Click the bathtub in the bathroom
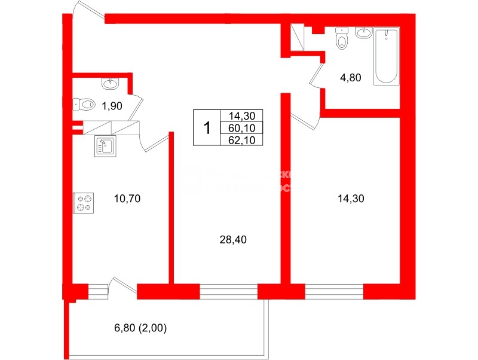point(386,56)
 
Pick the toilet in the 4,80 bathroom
point(342,39)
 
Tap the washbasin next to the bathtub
point(363,33)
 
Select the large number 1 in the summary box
point(207,128)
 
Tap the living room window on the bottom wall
point(228,292)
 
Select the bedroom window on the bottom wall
point(334,292)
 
